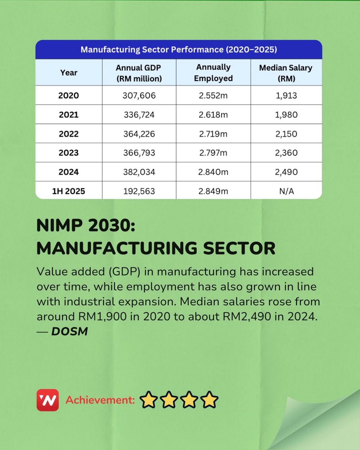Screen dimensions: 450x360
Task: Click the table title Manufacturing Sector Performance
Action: [179, 50]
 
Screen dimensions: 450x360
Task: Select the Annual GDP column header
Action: [139, 73]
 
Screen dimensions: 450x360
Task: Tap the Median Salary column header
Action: [286, 73]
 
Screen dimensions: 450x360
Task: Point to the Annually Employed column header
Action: [213, 73]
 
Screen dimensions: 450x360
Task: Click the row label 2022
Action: [68, 134]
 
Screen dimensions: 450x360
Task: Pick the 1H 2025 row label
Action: [68, 191]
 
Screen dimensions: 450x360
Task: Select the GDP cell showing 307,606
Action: [139, 95]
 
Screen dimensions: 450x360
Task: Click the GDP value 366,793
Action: [139, 153]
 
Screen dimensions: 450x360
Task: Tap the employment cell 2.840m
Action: [213, 172]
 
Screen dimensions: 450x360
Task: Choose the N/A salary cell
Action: [286, 191]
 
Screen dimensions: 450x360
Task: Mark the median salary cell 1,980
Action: [286, 115]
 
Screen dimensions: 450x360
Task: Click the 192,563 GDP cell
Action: [139, 191]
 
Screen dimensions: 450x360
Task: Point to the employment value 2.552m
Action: [213, 95]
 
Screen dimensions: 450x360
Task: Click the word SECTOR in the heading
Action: [239, 248]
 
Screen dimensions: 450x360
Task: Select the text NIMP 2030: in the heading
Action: [86, 226]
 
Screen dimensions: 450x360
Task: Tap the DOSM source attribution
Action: [69, 331]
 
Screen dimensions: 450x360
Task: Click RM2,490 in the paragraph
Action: [247, 316]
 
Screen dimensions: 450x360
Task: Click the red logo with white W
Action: [48, 400]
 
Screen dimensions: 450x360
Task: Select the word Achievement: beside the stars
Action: [100, 400]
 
